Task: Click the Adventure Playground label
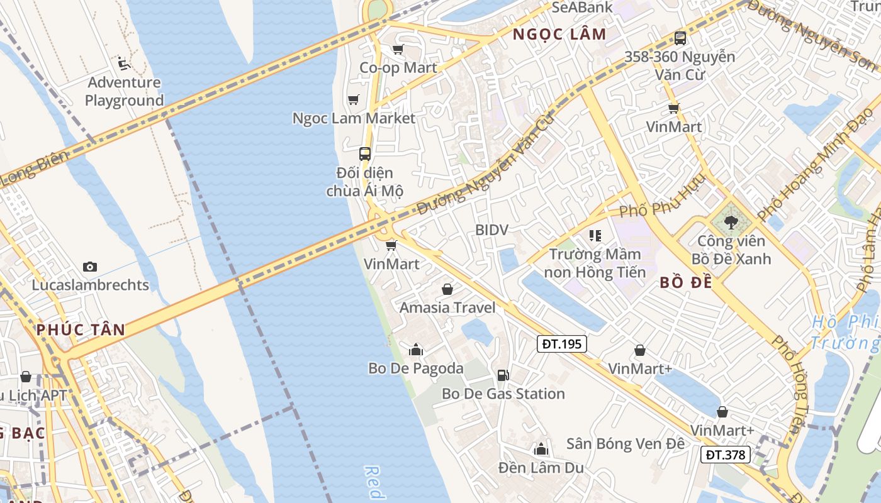pyautogui.click(x=124, y=91)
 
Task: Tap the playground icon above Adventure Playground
pyautogui.click(x=124, y=64)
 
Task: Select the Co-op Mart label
pyautogui.click(x=398, y=67)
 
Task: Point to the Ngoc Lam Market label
pyautogui.click(x=354, y=118)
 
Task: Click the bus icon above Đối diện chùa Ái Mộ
pyautogui.click(x=364, y=153)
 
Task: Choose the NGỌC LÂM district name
pyautogui.click(x=559, y=35)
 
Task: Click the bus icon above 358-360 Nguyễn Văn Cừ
pyautogui.click(x=680, y=38)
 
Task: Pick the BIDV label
pyautogui.click(x=491, y=230)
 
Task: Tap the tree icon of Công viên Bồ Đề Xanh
pyautogui.click(x=731, y=222)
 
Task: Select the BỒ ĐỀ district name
pyautogui.click(x=686, y=283)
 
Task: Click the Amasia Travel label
pyautogui.click(x=447, y=307)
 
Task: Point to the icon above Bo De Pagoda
pyautogui.click(x=415, y=350)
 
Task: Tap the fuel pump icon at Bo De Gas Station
pyautogui.click(x=503, y=375)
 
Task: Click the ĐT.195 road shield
pyautogui.click(x=562, y=344)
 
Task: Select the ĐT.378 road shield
pyautogui.click(x=726, y=455)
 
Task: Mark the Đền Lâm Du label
pyautogui.click(x=541, y=468)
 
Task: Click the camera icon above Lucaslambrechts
pyautogui.click(x=90, y=267)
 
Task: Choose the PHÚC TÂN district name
pyautogui.click(x=81, y=329)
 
